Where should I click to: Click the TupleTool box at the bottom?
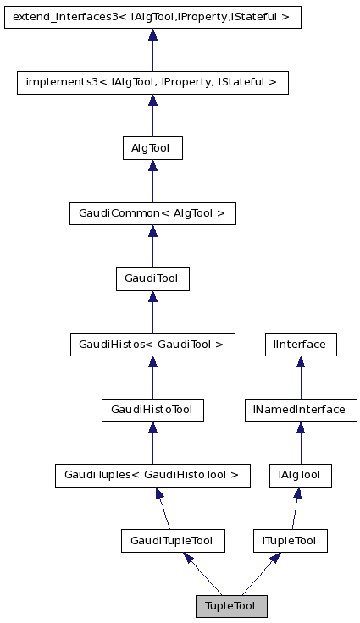pos(230,606)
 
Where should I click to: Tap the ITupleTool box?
pos(290,540)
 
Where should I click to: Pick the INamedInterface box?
pos(299,410)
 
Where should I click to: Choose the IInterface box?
pos(300,345)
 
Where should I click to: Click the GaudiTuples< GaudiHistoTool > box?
pos(152,476)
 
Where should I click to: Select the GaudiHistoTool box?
pos(152,410)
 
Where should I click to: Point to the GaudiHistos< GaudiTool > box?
pos(152,345)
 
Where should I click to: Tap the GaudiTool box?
pos(152,278)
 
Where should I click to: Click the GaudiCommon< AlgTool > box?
pos(152,213)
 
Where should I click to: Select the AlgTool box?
pos(152,148)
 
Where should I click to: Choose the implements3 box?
pos(152,82)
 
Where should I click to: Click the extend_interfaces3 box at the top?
pos(152,17)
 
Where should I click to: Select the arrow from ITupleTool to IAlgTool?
pos(295,508)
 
